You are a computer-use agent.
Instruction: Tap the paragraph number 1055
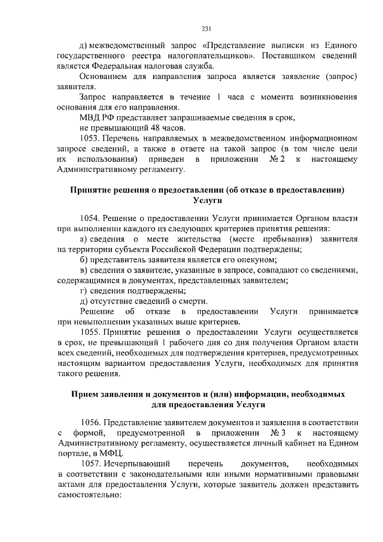click(x=90, y=331)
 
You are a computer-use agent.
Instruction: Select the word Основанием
click(x=105, y=77)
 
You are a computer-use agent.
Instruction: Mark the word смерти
click(x=194, y=301)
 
